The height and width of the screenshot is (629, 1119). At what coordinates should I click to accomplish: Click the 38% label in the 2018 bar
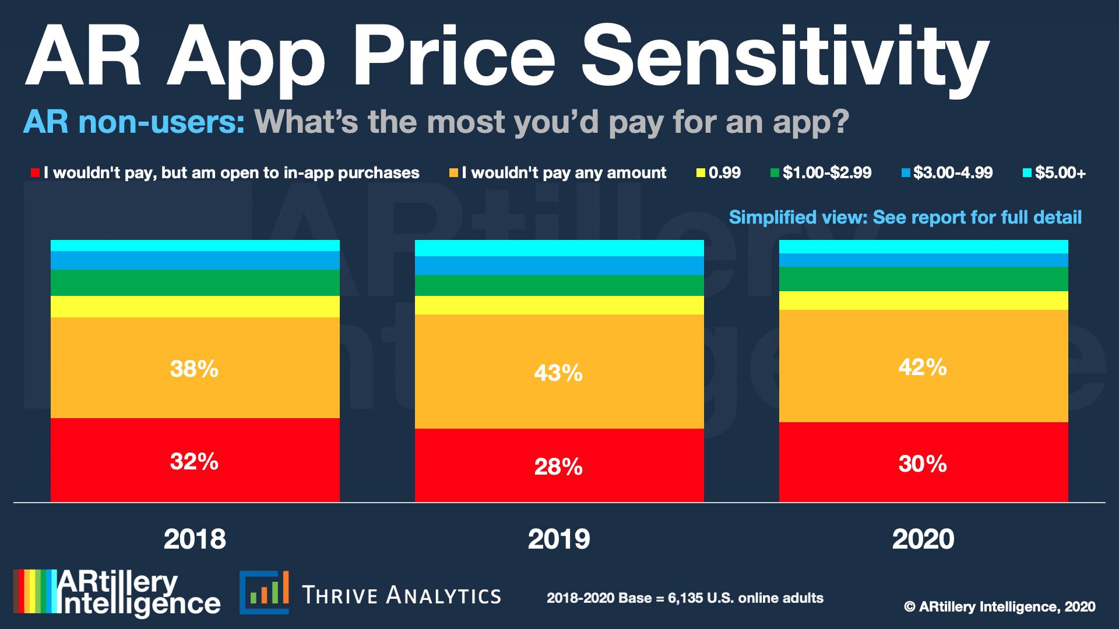pos(194,369)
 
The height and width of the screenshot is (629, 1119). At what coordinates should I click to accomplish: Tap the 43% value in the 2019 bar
pos(558,373)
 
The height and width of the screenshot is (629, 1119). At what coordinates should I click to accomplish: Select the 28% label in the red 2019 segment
pos(558,467)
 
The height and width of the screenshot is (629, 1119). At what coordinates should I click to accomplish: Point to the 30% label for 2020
pos(923,464)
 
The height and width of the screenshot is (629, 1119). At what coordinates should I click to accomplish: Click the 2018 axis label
pos(195,539)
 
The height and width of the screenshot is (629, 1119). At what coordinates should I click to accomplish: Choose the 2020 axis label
pos(923,539)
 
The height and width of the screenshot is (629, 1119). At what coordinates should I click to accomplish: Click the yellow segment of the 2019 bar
pos(559,305)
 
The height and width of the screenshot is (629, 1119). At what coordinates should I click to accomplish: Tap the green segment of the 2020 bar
pos(923,279)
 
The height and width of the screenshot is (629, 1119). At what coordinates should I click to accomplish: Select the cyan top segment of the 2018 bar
pos(195,245)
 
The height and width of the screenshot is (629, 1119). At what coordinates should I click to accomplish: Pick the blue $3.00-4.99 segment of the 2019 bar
pos(559,266)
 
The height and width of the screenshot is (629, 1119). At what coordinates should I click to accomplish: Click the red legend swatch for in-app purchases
pos(35,173)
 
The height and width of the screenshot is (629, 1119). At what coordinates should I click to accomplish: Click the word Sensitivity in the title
pos(784,58)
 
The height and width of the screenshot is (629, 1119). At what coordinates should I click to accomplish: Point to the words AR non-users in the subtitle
pos(133,122)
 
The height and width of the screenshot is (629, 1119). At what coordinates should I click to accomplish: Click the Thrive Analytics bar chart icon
pos(265,592)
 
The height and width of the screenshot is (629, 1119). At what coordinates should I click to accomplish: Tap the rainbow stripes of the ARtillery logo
pos(34,591)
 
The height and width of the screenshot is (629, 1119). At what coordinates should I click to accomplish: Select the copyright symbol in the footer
pos(909,607)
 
